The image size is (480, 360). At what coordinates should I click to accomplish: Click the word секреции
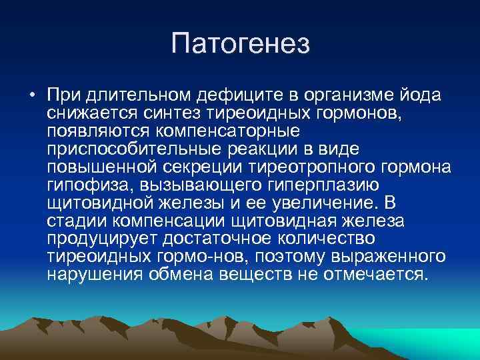click(200, 166)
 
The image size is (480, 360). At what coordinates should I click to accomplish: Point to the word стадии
click(74, 220)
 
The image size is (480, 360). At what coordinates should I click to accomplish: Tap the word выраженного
click(385, 256)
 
